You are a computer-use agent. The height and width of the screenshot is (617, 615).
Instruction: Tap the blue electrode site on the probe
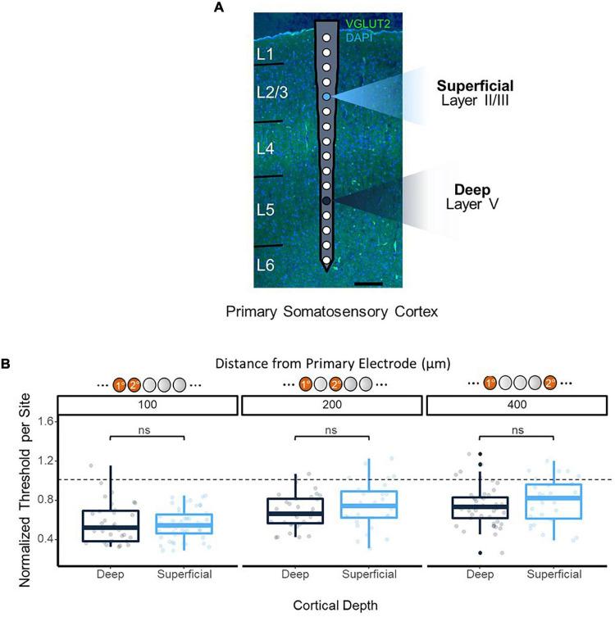point(326,97)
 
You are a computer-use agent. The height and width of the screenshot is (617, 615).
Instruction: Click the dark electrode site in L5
point(326,201)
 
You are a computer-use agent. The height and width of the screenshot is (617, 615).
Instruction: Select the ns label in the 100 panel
point(147,429)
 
